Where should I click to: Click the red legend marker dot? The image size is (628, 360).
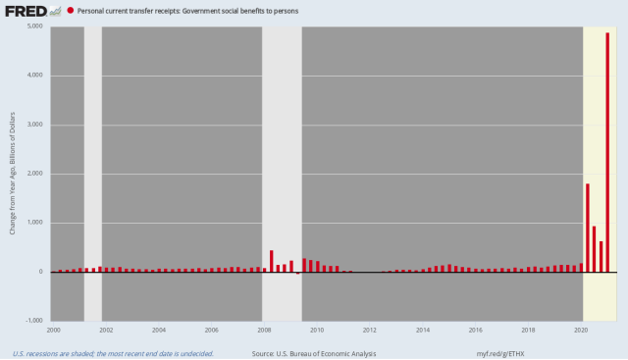tap(69, 11)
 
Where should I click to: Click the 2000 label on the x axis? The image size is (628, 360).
tap(54, 331)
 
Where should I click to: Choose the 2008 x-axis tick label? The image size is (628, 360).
tap(265, 331)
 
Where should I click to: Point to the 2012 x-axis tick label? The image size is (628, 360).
tap(370, 331)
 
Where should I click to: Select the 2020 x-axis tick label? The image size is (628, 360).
tap(581, 331)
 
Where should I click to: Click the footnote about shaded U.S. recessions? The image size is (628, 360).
tap(113, 352)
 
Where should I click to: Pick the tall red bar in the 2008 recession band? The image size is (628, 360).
tap(272, 261)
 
